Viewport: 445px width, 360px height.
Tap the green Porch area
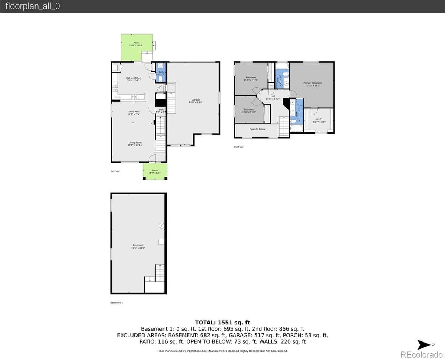pyautogui.click(x=155, y=171)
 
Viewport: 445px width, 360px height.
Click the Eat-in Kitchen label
pyautogui.click(x=133, y=79)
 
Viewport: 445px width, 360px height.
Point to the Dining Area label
pyautogui.click(x=133, y=113)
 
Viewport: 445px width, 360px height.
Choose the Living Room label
pyautogui.click(x=135, y=144)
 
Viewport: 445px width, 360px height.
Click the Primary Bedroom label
pyautogui.click(x=313, y=84)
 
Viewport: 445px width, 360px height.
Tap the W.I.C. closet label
pyautogui.click(x=319, y=121)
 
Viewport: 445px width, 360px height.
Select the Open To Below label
pyautogui.click(x=257, y=129)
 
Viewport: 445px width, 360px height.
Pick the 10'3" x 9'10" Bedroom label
pyautogui.click(x=248, y=111)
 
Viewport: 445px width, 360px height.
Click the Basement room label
pyautogui.click(x=138, y=246)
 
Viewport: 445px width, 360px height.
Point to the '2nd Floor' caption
pyautogui.click(x=238, y=147)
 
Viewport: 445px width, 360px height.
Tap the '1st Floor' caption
pyautogui.click(x=115, y=171)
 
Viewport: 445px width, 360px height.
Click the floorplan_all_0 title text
pyautogui.click(x=33, y=6)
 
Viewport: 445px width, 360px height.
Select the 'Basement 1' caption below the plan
pyautogui.click(x=116, y=302)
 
